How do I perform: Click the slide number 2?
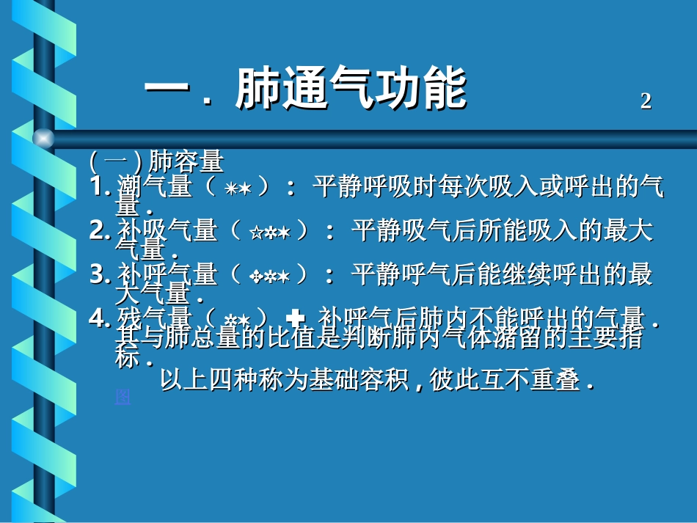coord(646,101)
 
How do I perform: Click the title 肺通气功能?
coord(351,90)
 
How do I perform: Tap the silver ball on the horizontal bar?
coord(43,138)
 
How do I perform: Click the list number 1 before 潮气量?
coord(100,187)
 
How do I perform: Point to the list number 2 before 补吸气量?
coord(100,231)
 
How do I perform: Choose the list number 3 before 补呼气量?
coord(100,275)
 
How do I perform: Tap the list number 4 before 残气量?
coord(99,318)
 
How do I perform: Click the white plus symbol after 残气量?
coord(296,318)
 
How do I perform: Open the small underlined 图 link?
coord(123,397)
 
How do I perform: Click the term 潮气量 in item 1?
coord(155,188)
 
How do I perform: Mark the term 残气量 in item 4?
coord(155,318)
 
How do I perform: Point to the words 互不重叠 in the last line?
coord(530,381)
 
